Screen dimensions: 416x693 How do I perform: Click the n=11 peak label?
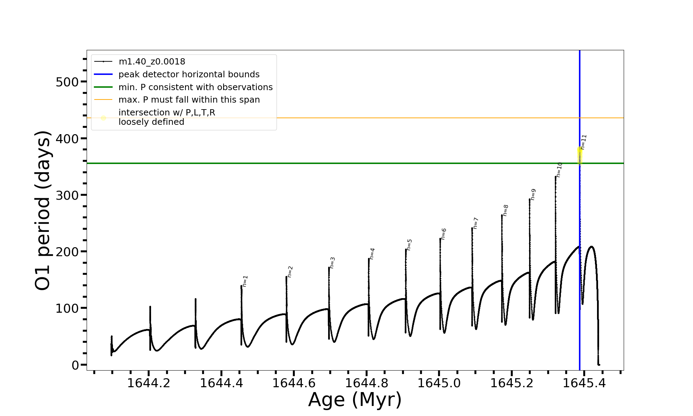(584, 142)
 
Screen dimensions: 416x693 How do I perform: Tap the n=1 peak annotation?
(245, 281)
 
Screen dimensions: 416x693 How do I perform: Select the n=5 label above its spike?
(409, 245)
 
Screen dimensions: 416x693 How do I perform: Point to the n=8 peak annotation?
(506, 210)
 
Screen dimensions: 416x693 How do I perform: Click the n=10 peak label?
(559, 170)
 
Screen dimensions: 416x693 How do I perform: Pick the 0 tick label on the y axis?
(75, 365)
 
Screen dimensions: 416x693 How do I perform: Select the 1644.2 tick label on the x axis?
(149, 383)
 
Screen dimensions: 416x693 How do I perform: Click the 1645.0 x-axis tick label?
(439, 383)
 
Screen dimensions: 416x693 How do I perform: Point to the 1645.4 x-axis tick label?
(584, 383)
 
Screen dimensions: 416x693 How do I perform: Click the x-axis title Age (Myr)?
(355, 400)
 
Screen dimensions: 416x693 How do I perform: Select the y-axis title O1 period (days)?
(43, 210)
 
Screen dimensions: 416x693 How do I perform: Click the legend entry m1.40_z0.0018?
(152, 62)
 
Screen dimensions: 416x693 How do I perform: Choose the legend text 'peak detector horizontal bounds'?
(189, 75)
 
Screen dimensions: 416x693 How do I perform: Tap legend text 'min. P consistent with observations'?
(195, 87)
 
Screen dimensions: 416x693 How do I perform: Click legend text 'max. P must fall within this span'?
(189, 100)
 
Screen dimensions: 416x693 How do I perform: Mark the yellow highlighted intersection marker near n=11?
(580, 154)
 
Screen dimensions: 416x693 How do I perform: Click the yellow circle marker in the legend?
(103, 118)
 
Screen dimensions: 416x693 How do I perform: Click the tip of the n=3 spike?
(329, 268)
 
